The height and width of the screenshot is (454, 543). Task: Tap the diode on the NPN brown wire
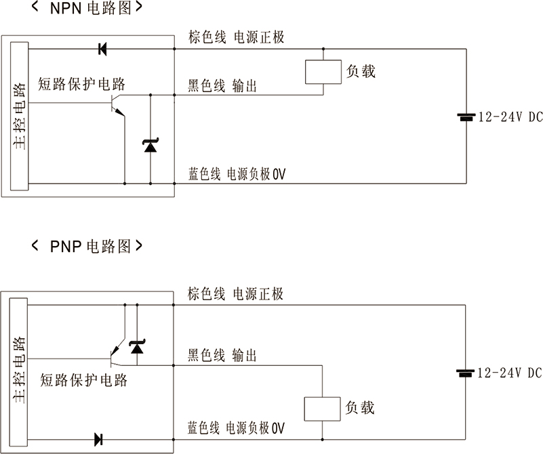[x=102, y=49]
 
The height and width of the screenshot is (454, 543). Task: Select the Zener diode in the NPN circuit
[x=149, y=144]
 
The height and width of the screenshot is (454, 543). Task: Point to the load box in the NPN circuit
[x=323, y=72]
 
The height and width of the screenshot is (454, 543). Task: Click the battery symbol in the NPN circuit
[x=466, y=117]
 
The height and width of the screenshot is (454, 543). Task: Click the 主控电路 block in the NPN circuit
[x=20, y=116]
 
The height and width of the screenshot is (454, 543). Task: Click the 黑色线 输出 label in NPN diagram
[x=222, y=86]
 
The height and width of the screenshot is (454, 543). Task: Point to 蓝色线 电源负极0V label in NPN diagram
[x=237, y=174]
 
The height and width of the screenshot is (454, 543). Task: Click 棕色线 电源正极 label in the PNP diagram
[x=235, y=294]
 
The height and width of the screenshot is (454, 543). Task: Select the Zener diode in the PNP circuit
[x=137, y=347]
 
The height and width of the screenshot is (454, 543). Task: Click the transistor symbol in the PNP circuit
[x=115, y=352]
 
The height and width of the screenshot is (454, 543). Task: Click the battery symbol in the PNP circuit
[x=465, y=373]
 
